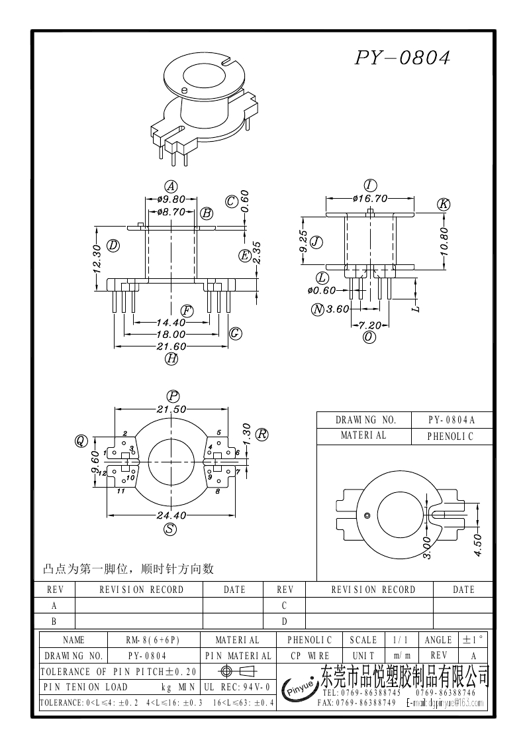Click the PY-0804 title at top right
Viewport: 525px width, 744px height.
tap(403, 58)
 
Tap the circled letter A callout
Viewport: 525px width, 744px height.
tap(171, 186)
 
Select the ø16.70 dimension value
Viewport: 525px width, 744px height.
tap(370, 198)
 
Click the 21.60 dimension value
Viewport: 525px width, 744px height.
tap(171, 346)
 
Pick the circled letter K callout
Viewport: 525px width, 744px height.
tap(444, 205)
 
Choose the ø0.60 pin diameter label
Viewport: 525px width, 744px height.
tap(322, 290)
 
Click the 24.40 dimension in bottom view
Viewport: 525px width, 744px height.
tap(171, 515)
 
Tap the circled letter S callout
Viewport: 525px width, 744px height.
tap(171, 529)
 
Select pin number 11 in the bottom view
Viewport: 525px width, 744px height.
tap(121, 492)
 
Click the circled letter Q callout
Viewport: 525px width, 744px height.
tap(81, 441)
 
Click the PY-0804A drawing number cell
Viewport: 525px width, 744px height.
tap(452, 420)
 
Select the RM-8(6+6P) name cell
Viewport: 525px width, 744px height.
tap(153, 640)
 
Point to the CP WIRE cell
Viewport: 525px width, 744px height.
tap(310, 655)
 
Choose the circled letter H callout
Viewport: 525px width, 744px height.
tap(171, 359)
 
